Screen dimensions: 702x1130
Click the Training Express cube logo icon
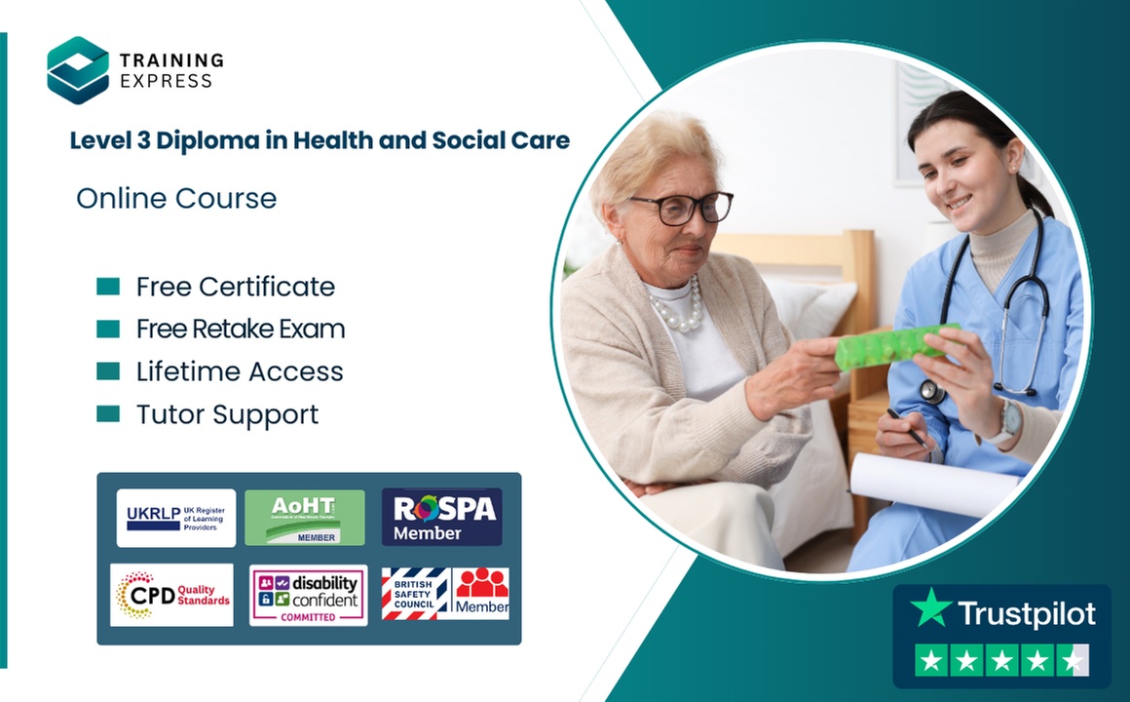click(x=78, y=69)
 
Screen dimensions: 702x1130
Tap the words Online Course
click(x=176, y=199)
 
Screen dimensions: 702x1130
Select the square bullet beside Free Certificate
click(x=108, y=287)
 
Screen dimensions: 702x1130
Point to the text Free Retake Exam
click(x=241, y=330)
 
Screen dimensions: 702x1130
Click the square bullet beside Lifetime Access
click(x=108, y=371)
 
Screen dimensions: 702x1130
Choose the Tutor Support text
click(x=227, y=414)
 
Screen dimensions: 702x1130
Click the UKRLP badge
click(x=175, y=518)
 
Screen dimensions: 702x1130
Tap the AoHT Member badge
click(x=305, y=518)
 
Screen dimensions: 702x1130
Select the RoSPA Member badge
click(x=441, y=517)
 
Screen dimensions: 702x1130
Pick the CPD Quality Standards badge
click(x=171, y=595)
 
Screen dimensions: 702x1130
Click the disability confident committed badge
click(x=308, y=595)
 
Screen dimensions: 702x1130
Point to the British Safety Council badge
click(x=416, y=594)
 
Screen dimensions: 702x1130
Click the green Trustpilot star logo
click(x=931, y=608)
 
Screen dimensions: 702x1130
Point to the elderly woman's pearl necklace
click(x=678, y=308)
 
